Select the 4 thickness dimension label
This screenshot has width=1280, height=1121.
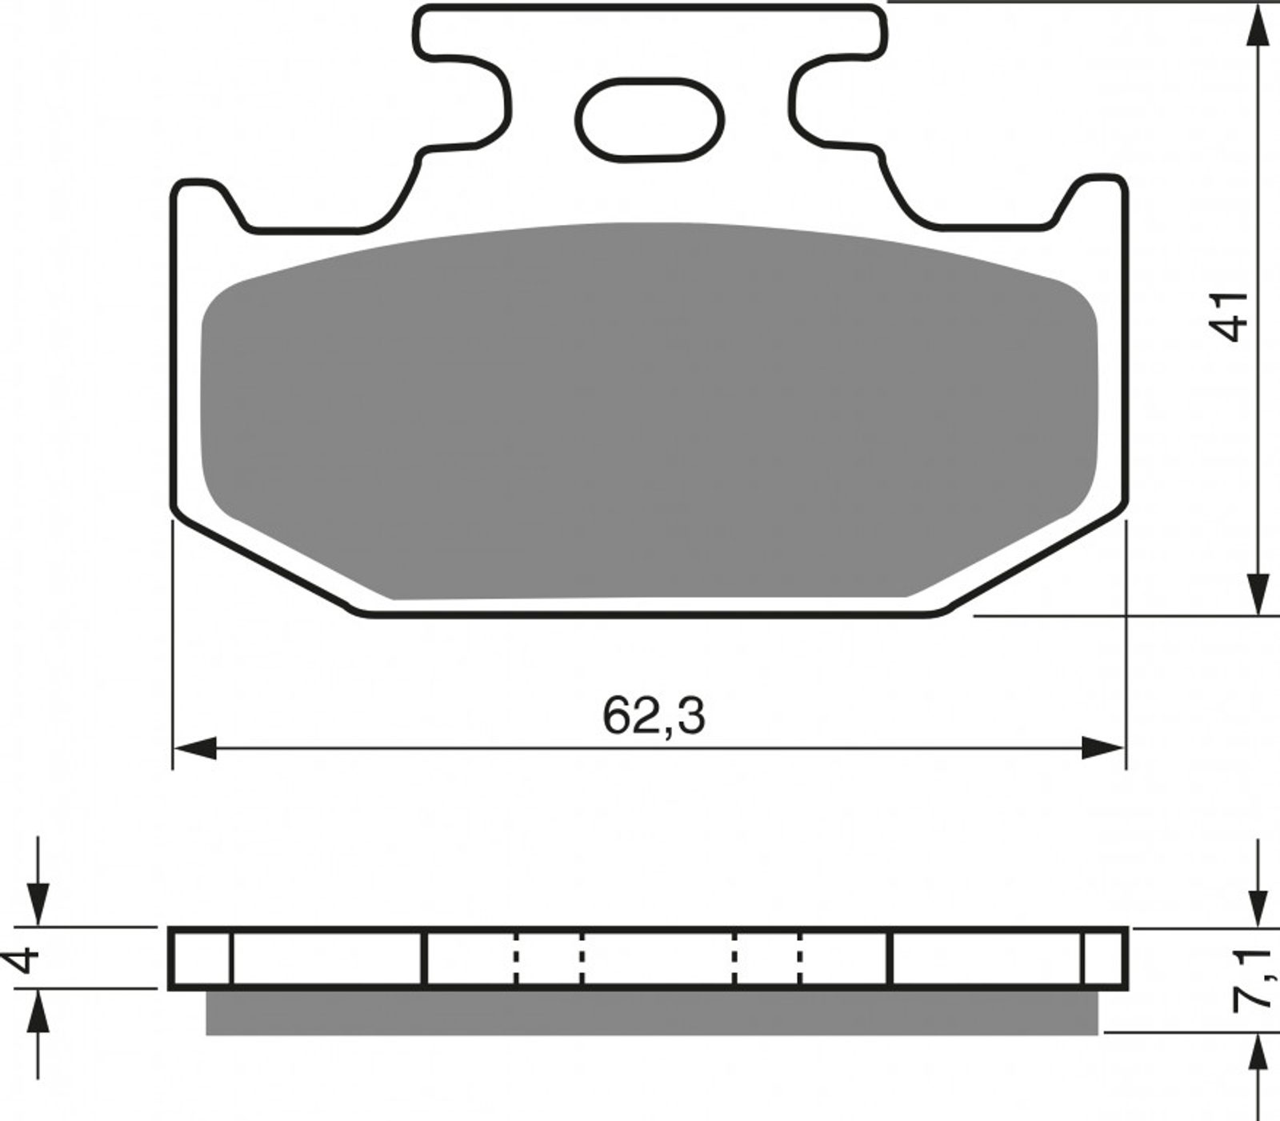[26, 959]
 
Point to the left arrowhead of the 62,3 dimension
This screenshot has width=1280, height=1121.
[196, 749]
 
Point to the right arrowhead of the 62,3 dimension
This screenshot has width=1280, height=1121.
[1103, 749]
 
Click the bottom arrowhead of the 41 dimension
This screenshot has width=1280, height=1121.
[1259, 593]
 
